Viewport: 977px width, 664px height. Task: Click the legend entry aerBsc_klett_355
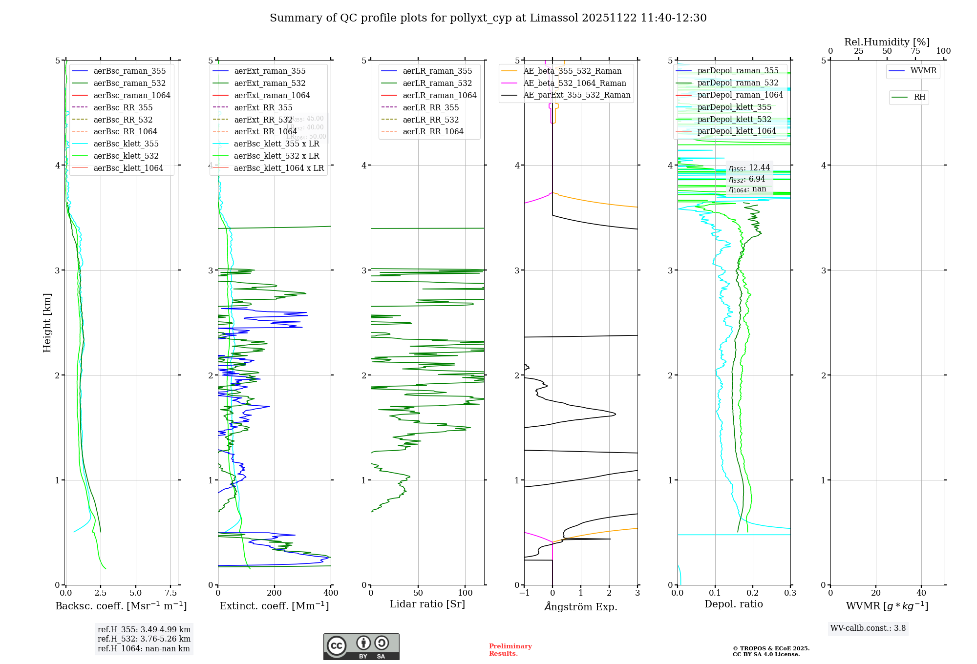[126, 144]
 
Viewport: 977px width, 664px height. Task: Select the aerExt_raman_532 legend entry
[270, 83]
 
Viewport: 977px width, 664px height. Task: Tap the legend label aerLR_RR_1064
[433, 131]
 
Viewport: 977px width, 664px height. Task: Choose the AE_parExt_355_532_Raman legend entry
[576, 95]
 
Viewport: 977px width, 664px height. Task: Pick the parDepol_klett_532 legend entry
[734, 119]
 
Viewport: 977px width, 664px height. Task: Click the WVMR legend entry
[923, 71]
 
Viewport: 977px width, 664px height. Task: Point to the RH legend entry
[919, 97]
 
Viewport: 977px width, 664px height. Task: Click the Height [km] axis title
[47, 322]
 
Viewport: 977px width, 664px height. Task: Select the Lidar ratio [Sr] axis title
[427, 604]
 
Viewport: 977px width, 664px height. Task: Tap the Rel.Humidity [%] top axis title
[887, 42]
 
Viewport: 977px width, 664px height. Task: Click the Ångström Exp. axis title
[581, 606]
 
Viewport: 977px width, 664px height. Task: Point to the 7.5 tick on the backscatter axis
[170, 593]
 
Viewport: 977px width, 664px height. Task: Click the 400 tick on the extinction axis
[331, 593]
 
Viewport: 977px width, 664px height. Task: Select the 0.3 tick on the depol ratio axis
[790, 593]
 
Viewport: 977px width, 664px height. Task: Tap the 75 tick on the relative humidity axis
[915, 51]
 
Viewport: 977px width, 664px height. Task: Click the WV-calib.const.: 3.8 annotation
[868, 628]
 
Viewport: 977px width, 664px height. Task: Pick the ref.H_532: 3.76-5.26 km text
[144, 639]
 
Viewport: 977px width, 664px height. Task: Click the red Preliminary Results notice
[510, 649]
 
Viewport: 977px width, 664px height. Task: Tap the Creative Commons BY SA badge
[361, 646]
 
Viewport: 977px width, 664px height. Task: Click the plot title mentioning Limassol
[488, 18]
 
